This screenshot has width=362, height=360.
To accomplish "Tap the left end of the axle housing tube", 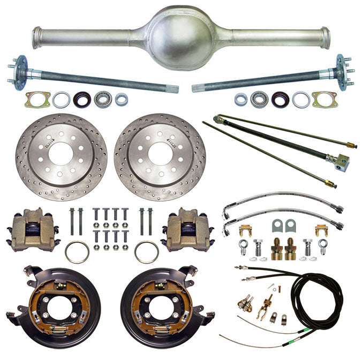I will click(37, 37).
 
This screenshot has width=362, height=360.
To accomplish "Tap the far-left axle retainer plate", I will click(37, 99).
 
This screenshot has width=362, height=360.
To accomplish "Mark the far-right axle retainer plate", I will click(325, 99).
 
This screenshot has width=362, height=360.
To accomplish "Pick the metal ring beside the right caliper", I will click(147, 251).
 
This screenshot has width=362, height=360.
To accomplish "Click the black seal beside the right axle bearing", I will click(280, 99).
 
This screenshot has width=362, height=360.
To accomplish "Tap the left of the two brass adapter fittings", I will click(277, 249).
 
